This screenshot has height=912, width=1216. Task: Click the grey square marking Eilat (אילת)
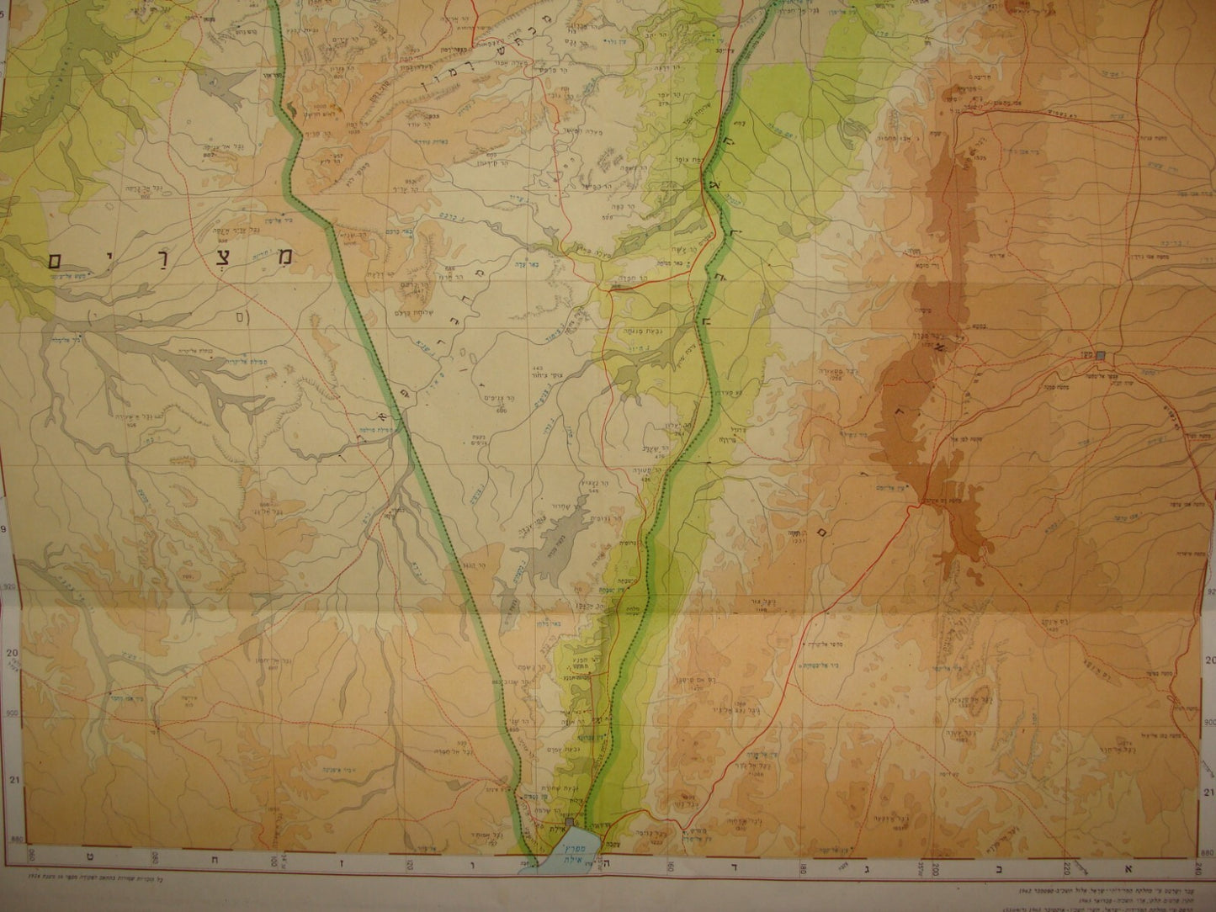pos(571,821)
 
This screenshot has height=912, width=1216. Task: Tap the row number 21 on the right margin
pos(1210,792)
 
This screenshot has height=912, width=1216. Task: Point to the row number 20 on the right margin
pos(1210,660)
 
